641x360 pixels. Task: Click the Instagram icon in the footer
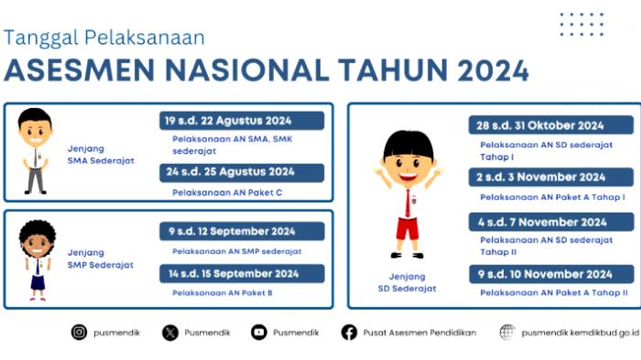click(79, 333)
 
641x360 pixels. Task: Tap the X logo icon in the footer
click(170, 333)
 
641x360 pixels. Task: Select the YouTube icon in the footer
click(259, 333)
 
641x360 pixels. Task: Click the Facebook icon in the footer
click(349, 333)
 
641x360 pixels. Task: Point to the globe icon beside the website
click(506, 333)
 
